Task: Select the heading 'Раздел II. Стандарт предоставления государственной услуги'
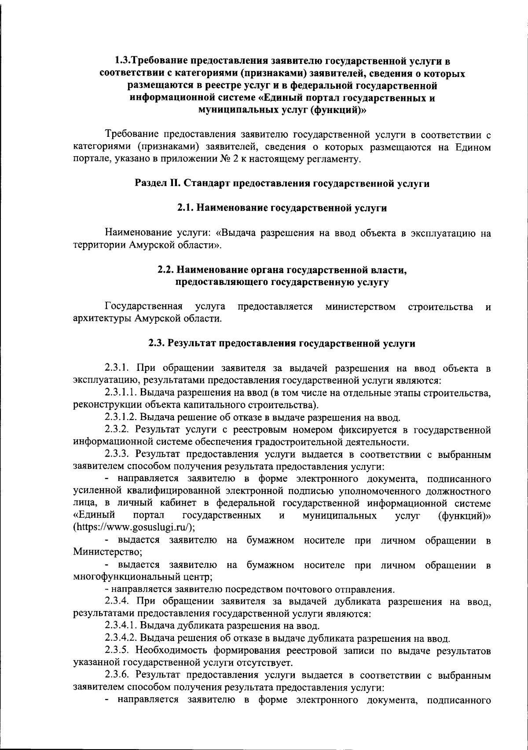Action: tap(282, 184)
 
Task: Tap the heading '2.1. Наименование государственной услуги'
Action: tap(282, 208)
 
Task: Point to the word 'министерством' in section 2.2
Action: tap(360, 306)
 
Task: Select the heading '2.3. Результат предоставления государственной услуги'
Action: tap(282, 344)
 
